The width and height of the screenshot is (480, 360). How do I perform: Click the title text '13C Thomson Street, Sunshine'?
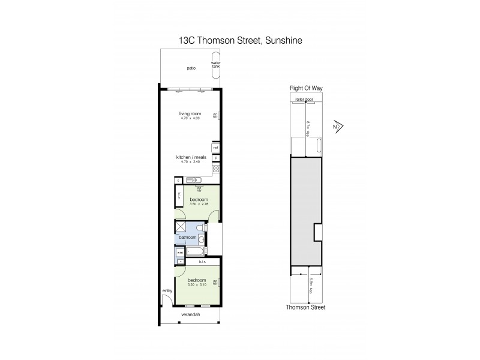coord(240,40)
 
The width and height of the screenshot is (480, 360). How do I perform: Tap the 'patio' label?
coord(191,68)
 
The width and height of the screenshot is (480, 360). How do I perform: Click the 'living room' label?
coord(190,113)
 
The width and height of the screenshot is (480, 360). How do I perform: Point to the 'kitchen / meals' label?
coord(190,158)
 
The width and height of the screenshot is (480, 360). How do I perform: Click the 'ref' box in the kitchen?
coord(215,148)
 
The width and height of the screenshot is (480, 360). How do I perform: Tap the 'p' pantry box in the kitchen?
coord(215,158)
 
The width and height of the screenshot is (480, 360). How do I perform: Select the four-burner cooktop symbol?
coord(215,169)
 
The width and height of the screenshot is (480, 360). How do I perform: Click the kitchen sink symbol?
coord(193,179)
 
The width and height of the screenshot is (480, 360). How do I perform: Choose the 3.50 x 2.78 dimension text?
coord(199,205)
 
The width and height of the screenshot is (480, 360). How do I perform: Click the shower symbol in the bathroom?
coord(180,226)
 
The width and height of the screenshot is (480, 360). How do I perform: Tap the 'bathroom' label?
coord(188,238)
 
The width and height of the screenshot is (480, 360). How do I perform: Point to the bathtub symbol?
coord(196,251)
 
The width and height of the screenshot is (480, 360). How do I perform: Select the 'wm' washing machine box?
coord(179,253)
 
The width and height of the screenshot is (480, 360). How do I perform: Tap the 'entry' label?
coord(166,292)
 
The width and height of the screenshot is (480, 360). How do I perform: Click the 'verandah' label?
coord(191,314)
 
